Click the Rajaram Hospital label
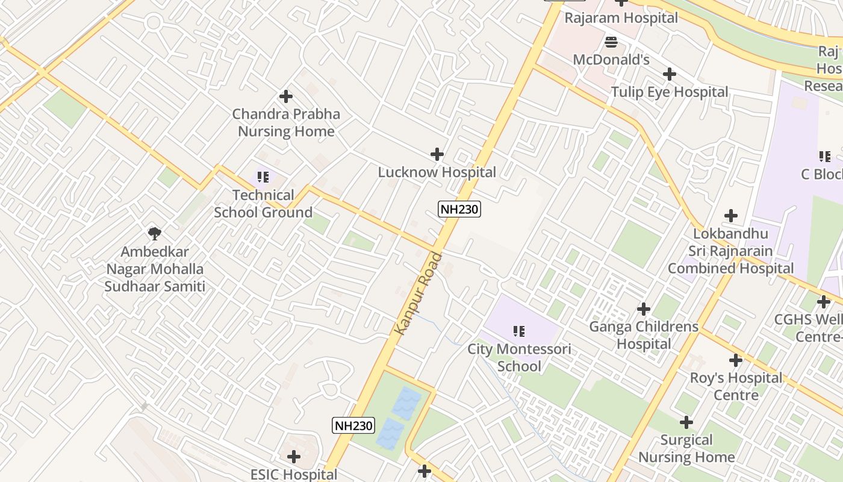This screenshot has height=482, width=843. pyautogui.click(x=621, y=18)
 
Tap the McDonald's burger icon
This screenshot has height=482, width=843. pyautogui.click(x=611, y=42)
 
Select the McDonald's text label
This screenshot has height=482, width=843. pyautogui.click(x=611, y=60)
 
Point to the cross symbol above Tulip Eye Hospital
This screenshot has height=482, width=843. pyautogui.click(x=669, y=74)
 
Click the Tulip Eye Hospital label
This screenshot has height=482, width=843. pyautogui.click(x=670, y=92)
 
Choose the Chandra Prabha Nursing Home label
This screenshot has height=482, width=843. pyautogui.click(x=286, y=122)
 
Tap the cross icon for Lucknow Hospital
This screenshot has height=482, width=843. pyautogui.click(x=437, y=155)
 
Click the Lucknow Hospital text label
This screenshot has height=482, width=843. pyautogui.click(x=437, y=172)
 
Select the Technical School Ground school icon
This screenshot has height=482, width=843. pyautogui.click(x=263, y=177)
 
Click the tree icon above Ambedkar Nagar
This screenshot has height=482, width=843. pyautogui.click(x=155, y=234)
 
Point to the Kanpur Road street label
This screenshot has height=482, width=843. pyautogui.click(x=418, y=293)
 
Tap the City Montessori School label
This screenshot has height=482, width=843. pyautogui.click(x=519, y=358)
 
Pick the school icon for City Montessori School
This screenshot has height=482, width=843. pyautogui.click(x=519, y=331)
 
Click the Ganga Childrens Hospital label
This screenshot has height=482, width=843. pyautogui.click(x=644, y=335)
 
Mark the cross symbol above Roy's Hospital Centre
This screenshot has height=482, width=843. pyautogui.click(x=735, y=360)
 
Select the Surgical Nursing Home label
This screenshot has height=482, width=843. pyautogui.click(x=686, y=448)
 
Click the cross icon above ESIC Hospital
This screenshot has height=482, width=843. pyautogui.click(x=294, y=457)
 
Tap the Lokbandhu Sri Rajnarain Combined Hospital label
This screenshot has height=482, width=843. pyautogui.click(x=730, y=251)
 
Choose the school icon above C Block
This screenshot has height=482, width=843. pyautogui.click(x=824, y=157)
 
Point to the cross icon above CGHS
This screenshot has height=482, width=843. pyautogui.click(x=824, y=302)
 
